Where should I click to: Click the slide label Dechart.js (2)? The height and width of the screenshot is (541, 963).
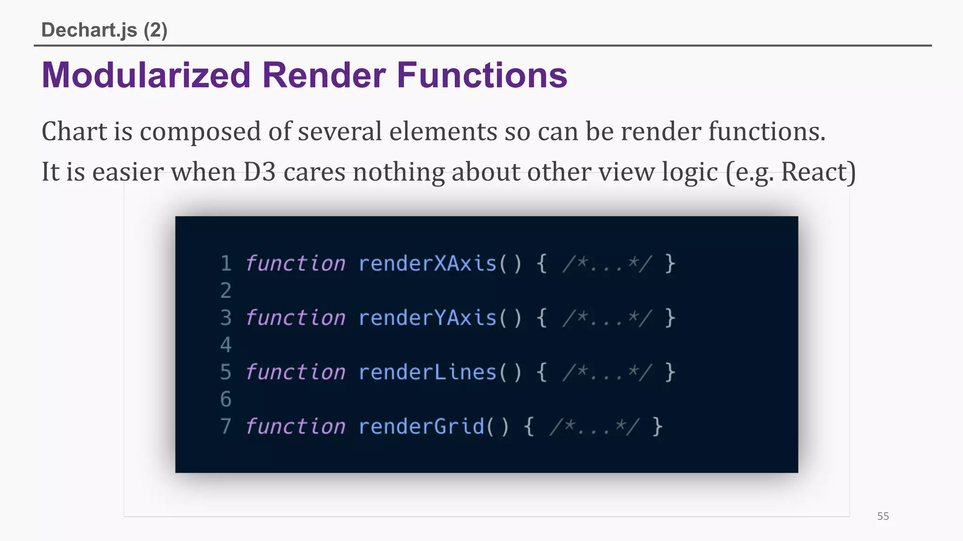pos(104,30)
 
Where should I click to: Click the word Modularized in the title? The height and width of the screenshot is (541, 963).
pos(146,75)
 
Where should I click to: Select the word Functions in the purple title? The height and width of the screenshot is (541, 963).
pos(482,75)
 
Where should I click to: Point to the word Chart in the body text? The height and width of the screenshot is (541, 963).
pos(74,131)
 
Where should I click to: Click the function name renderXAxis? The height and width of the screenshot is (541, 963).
pos(427,263)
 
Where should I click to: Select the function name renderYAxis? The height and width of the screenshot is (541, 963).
pos(427,318)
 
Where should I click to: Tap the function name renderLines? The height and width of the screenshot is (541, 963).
pos(427,372)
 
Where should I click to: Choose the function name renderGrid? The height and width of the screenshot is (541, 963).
pos(421,427)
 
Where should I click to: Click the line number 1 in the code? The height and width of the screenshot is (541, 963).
pos(226,263)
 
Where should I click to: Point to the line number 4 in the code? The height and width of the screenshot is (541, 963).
pos(226,345)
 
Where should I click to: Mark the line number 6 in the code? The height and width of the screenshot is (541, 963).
pos(226,400)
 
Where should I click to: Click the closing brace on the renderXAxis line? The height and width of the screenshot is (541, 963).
pos(670,263)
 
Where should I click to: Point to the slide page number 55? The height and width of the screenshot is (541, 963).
pos(883,516)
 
